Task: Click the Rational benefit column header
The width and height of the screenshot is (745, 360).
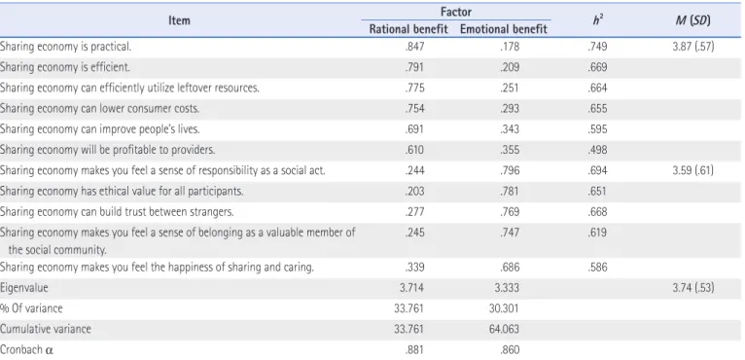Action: (408, 29)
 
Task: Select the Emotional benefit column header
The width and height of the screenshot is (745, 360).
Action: (504, 29)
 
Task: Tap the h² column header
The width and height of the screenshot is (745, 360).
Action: (598, 20)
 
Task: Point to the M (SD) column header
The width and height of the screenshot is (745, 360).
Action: (692, 20)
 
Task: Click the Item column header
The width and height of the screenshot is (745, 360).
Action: (179, 20)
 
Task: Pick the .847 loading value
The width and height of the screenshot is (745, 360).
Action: (414, 47)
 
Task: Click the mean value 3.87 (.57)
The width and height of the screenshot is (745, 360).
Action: (693, 47)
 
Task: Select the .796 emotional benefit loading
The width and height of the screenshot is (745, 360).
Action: (510, 170)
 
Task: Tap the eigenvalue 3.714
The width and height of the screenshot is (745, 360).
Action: (411, 287)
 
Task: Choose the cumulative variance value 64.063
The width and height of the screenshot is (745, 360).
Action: (504, 329)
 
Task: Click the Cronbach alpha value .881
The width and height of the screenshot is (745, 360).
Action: (414, 349)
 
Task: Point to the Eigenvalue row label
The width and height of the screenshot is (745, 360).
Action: (23, 288)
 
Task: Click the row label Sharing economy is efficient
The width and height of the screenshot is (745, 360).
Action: (64, 67)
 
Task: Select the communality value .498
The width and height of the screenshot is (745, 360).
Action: (597, 150)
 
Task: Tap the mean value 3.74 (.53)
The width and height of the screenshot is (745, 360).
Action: (693, 287)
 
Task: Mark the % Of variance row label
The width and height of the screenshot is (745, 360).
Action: (31, 308)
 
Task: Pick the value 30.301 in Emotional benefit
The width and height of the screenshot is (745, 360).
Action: (504, 308)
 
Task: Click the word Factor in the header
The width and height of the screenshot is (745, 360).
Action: (456, 12)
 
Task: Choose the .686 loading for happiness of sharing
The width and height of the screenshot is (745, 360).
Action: (510, 267)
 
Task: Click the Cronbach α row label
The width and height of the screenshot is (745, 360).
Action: (27, 349)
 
